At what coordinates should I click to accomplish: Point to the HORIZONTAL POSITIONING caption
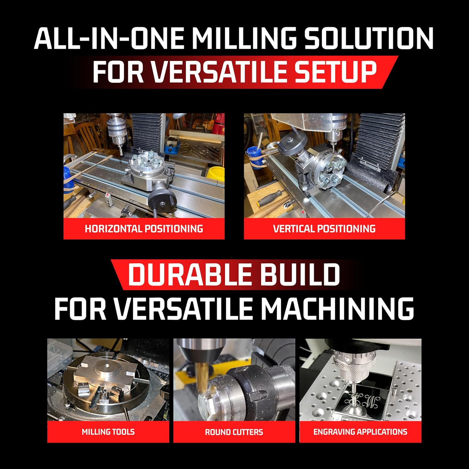click(x=144, y=229)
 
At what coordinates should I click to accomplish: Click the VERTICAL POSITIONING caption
click(x=324, y=229)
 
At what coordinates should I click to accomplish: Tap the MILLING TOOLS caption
click(x=108, y=432)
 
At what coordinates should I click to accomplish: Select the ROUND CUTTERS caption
click(x=234, y=432)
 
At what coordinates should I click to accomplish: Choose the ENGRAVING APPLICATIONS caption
click(x=360, y=432)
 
